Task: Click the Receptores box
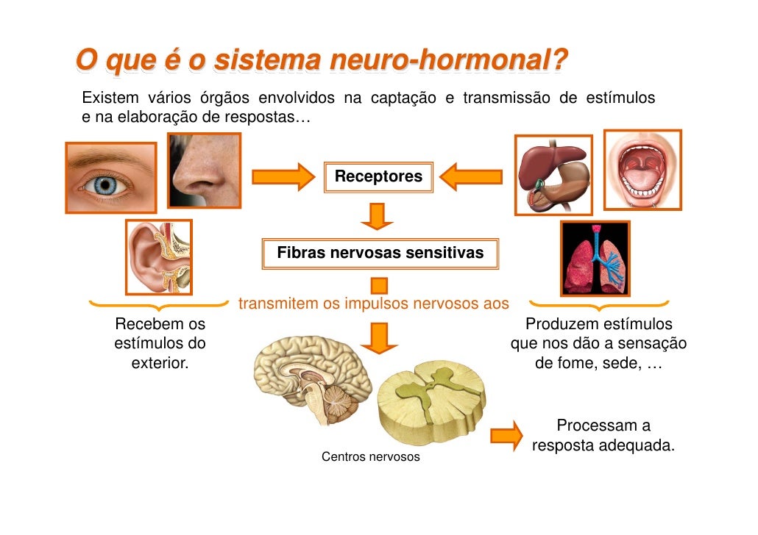tap(378, 177)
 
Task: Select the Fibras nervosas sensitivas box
tap(380, 254)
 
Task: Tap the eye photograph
tap(110, 177)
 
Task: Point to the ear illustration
tap(158, 256)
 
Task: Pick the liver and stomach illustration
tap(553, 175)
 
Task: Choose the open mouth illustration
tap(642, 170)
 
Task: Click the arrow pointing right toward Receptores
tap(283, 177)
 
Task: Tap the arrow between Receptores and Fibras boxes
tap(378, 216)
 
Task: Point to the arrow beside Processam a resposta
tap(506, 435)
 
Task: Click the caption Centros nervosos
tap(371, 457)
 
